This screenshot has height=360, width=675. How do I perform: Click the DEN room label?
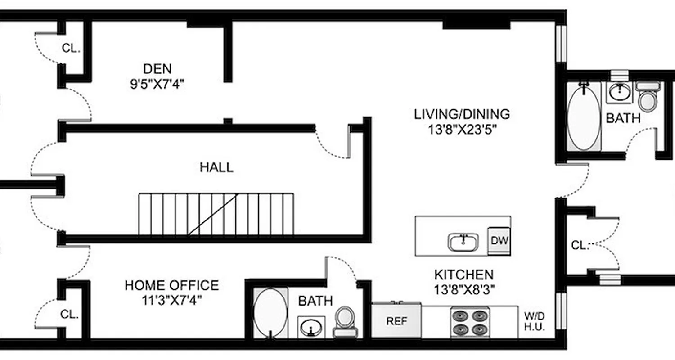[157, 69]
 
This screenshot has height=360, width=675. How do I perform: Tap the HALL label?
[216, 168]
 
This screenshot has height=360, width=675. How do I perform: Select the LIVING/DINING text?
[462, 114]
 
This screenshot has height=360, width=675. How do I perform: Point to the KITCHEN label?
[463, 274]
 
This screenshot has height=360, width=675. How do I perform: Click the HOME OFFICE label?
[171, 285]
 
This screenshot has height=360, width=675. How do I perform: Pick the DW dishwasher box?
[499, 240]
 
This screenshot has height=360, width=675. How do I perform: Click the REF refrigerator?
[396, 321]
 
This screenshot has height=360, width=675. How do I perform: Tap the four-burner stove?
[470, 322]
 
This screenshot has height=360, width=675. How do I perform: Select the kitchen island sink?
[463, 242]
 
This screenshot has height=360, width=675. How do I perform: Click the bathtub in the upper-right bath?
[584, 117]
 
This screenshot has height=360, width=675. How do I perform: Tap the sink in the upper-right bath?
[621, 94]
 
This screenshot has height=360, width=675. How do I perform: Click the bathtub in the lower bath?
[270, 313]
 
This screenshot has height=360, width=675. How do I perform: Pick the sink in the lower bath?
[311, 327]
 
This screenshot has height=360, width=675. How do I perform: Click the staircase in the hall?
[216, 214]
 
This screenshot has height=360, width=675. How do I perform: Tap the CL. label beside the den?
[71, 49]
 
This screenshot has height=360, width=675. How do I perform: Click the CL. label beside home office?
[69, 315]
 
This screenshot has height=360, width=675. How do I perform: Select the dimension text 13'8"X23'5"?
[462, 130]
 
